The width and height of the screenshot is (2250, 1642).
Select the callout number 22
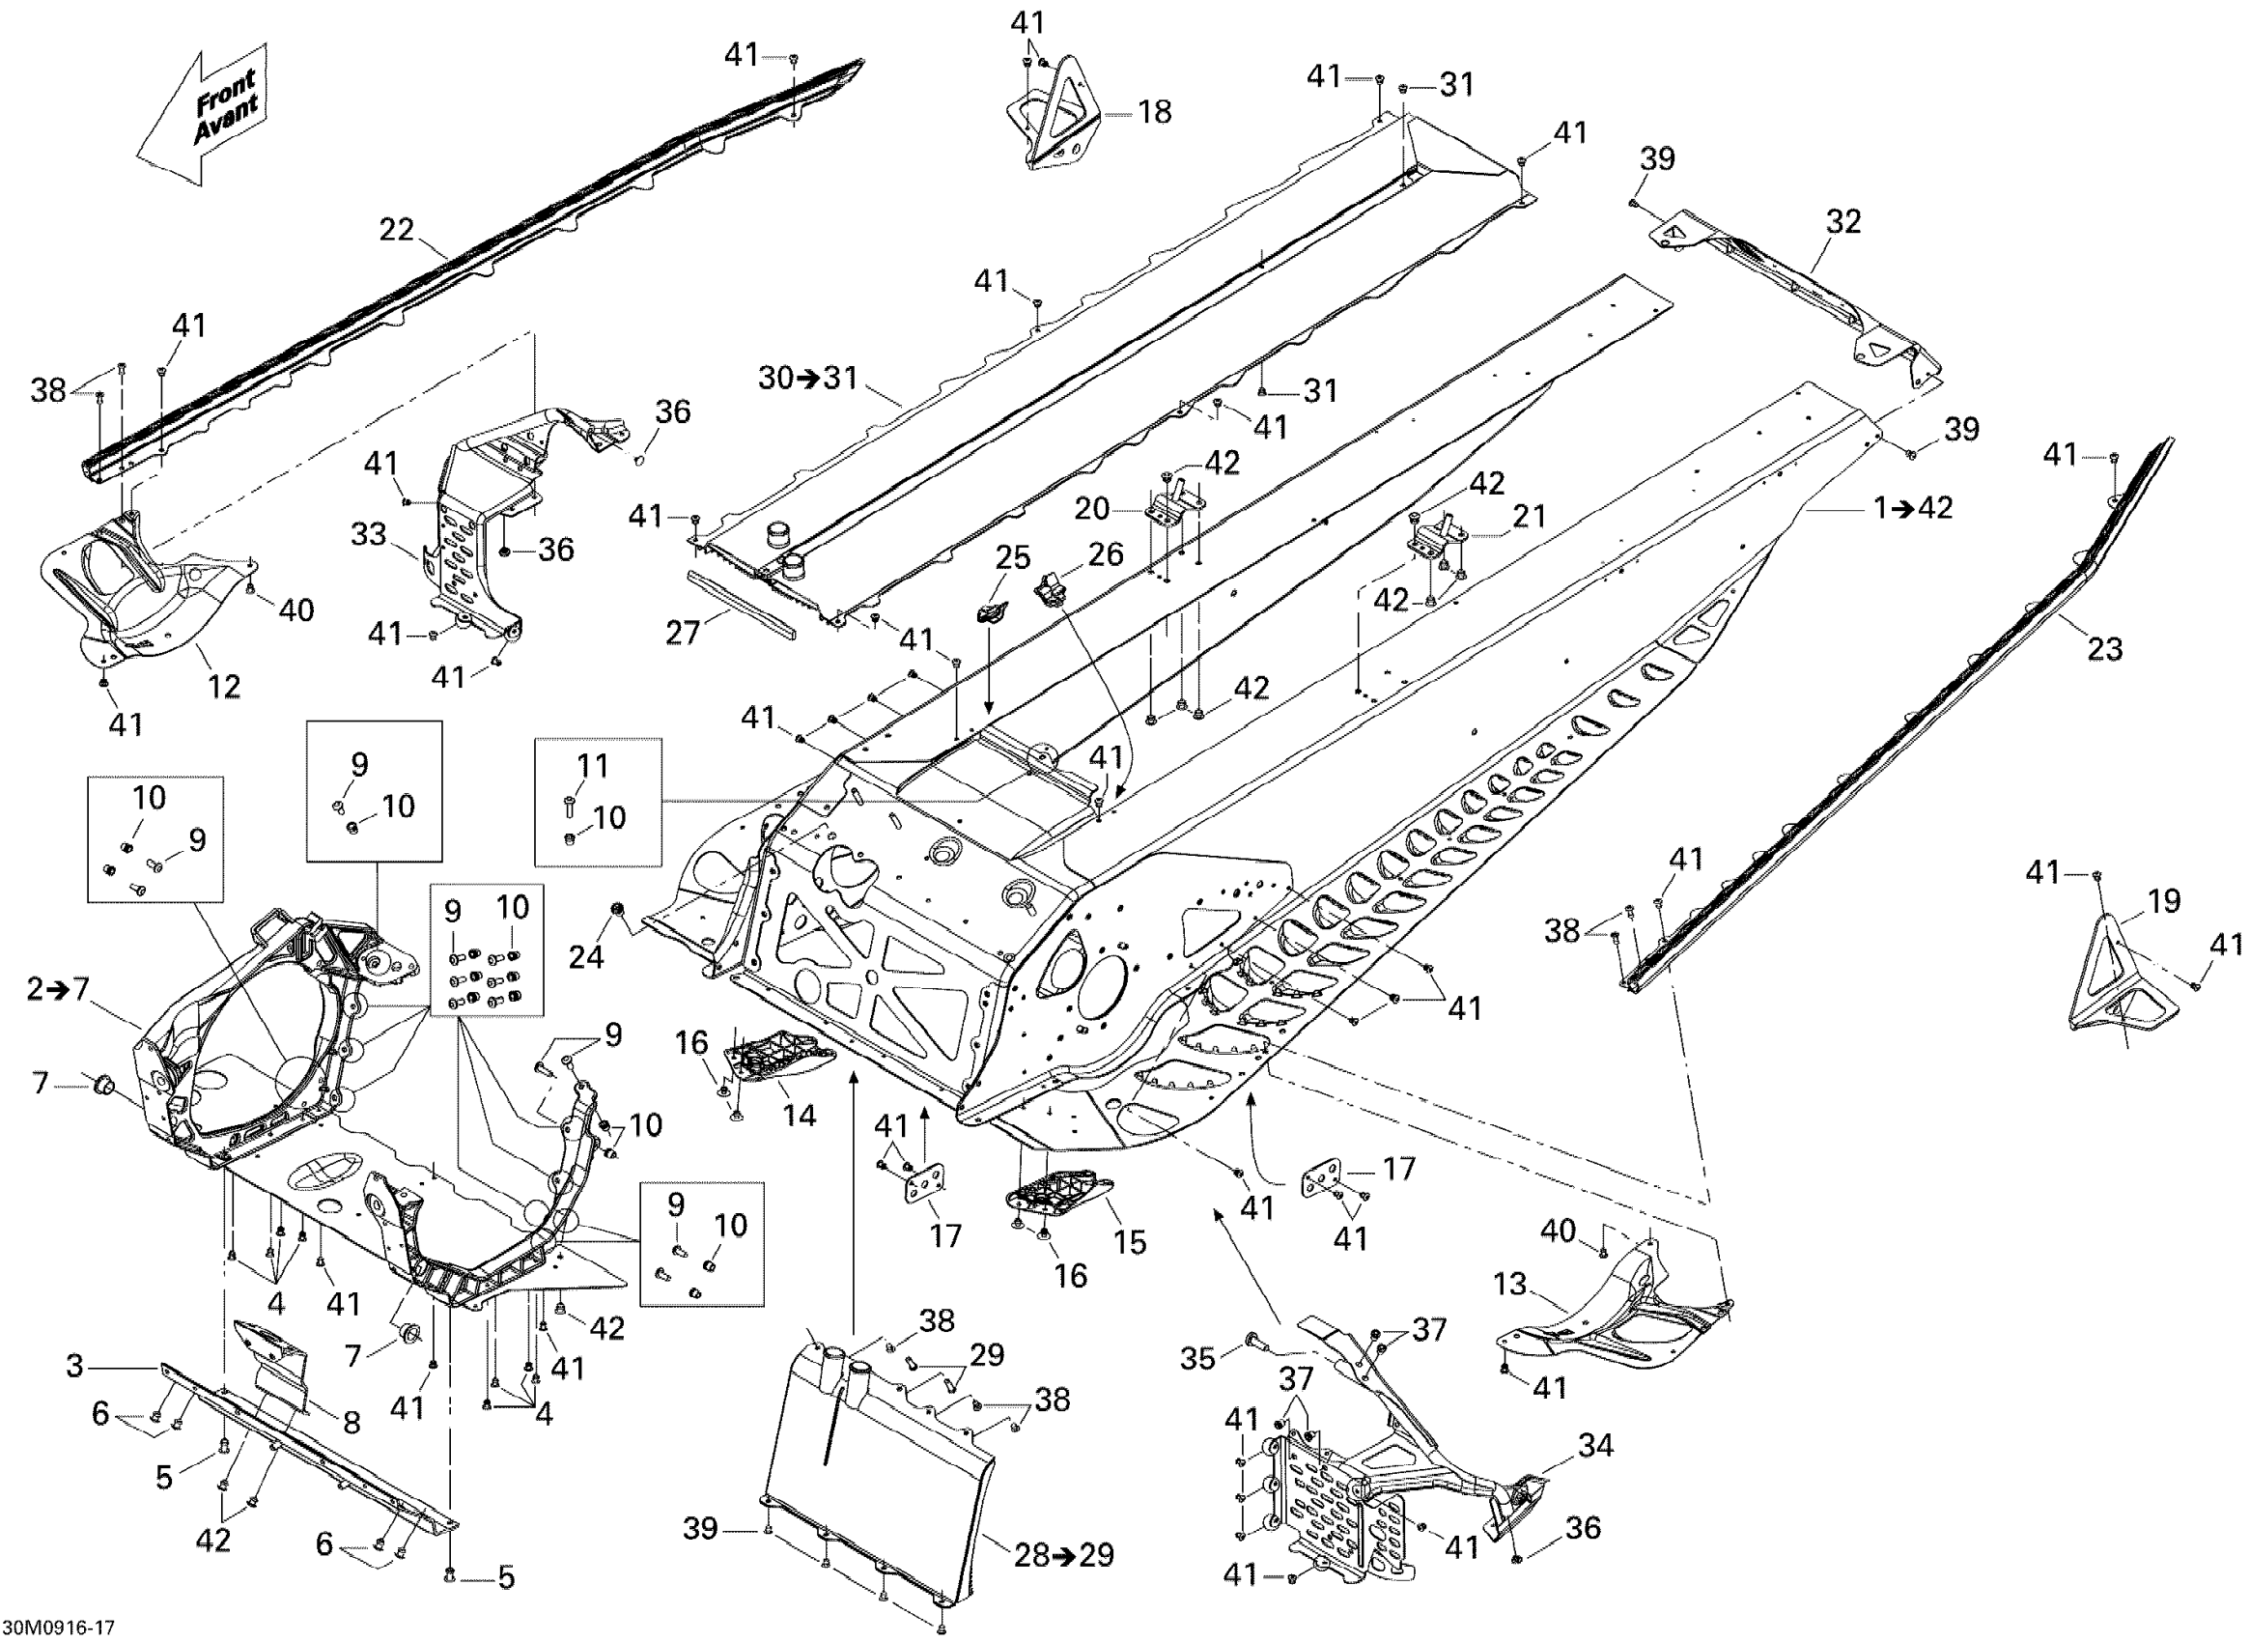(x=397, y=230)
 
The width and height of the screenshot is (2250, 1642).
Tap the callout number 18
(x=1154, y=112)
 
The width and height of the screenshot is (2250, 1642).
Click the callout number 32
(x=1842, y=221)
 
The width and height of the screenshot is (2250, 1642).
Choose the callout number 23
(x=2104, y=649)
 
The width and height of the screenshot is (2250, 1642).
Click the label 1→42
(x=1913, y=508)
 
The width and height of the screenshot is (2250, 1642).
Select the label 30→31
(x=808, y=378)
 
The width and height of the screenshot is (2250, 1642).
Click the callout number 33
(x=369, y=535)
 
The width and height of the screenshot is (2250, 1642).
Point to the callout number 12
(x=224, y=686)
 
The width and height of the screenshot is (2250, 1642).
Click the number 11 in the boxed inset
(x=592, y=765)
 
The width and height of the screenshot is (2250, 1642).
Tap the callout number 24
(x=586, y=956)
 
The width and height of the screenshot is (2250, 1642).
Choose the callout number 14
(x=799, y=1115)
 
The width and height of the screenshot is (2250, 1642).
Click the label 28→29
(x=1063, y=1554)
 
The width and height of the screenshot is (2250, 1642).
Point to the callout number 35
(x=1197, y=1357)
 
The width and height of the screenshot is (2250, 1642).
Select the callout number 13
(x=1509, y=1285)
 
